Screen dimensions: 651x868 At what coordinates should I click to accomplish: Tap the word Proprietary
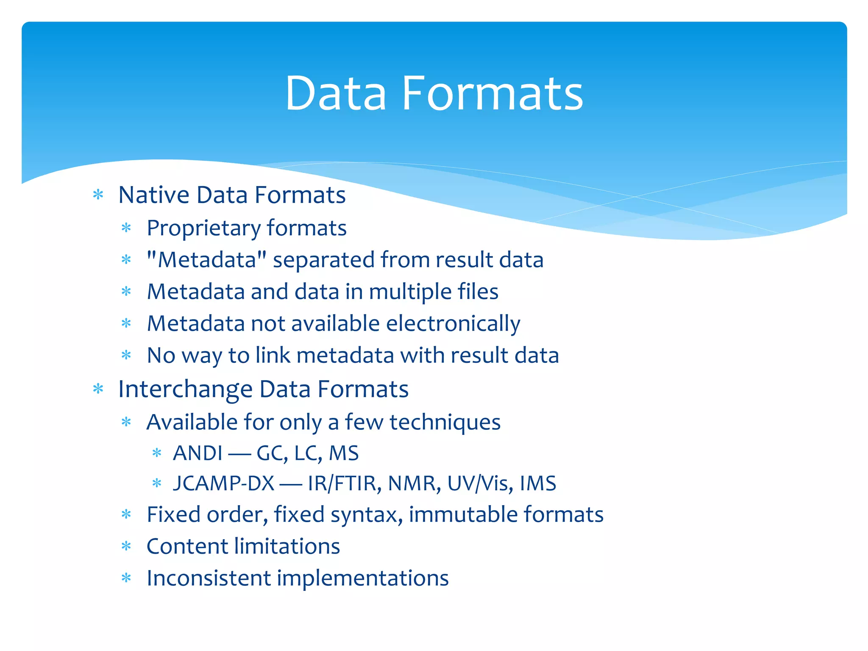203,228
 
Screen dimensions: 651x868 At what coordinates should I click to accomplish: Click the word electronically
453,324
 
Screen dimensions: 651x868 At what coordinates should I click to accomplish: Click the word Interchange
185,389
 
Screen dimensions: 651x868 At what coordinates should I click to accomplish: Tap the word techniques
445,423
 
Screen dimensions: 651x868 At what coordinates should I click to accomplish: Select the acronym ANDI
198,453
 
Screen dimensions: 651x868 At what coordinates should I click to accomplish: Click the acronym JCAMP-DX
224,484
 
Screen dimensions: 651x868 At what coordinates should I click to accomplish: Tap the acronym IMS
538,484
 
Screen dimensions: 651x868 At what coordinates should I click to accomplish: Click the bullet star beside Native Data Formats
98,195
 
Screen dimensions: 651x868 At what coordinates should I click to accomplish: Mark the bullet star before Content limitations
126,546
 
